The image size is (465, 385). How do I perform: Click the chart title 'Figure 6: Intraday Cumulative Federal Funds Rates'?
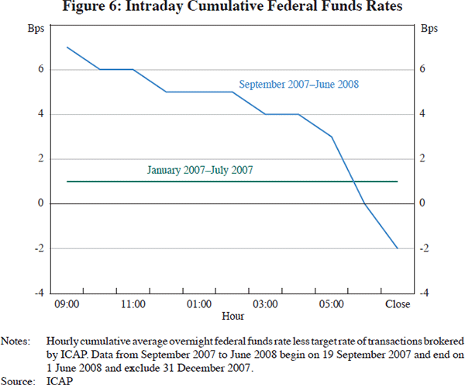pos(232,9)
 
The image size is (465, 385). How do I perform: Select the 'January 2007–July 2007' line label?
pos(200,169)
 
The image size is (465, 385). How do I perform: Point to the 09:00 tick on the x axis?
pos(67,304)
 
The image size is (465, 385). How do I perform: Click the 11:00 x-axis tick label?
pos(133,304)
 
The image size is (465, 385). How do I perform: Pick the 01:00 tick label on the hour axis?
pos(199,304)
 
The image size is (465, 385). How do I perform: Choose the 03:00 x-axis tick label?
pos(265,304)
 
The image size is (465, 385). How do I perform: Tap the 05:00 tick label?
pos(331,304)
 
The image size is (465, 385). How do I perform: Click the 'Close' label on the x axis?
pos(397,304)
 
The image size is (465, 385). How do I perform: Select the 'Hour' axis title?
pos(232,316)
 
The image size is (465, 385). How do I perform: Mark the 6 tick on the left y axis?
pos(39,70)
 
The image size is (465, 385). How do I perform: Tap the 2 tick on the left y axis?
pos(39,159)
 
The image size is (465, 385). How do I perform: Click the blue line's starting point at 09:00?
pos(67,47)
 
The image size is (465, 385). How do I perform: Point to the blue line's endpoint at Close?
pos(397,248)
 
